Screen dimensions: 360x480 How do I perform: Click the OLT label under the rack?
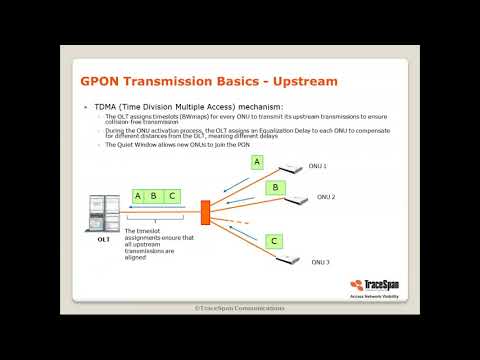pyautogui.click(x=103, y=241)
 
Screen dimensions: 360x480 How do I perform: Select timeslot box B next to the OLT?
pyautogui.click(x=155, y=196)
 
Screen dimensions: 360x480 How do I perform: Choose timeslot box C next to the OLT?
pyautogui.click(x=172, y=196)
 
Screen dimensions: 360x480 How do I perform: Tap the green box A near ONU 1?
pyautogui.click(x=257, y=161)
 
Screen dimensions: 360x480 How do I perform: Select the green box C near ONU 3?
pyautogui.click(x=273, y=240)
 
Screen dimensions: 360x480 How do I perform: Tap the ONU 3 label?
pyautogui.click(x=321, y=262)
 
